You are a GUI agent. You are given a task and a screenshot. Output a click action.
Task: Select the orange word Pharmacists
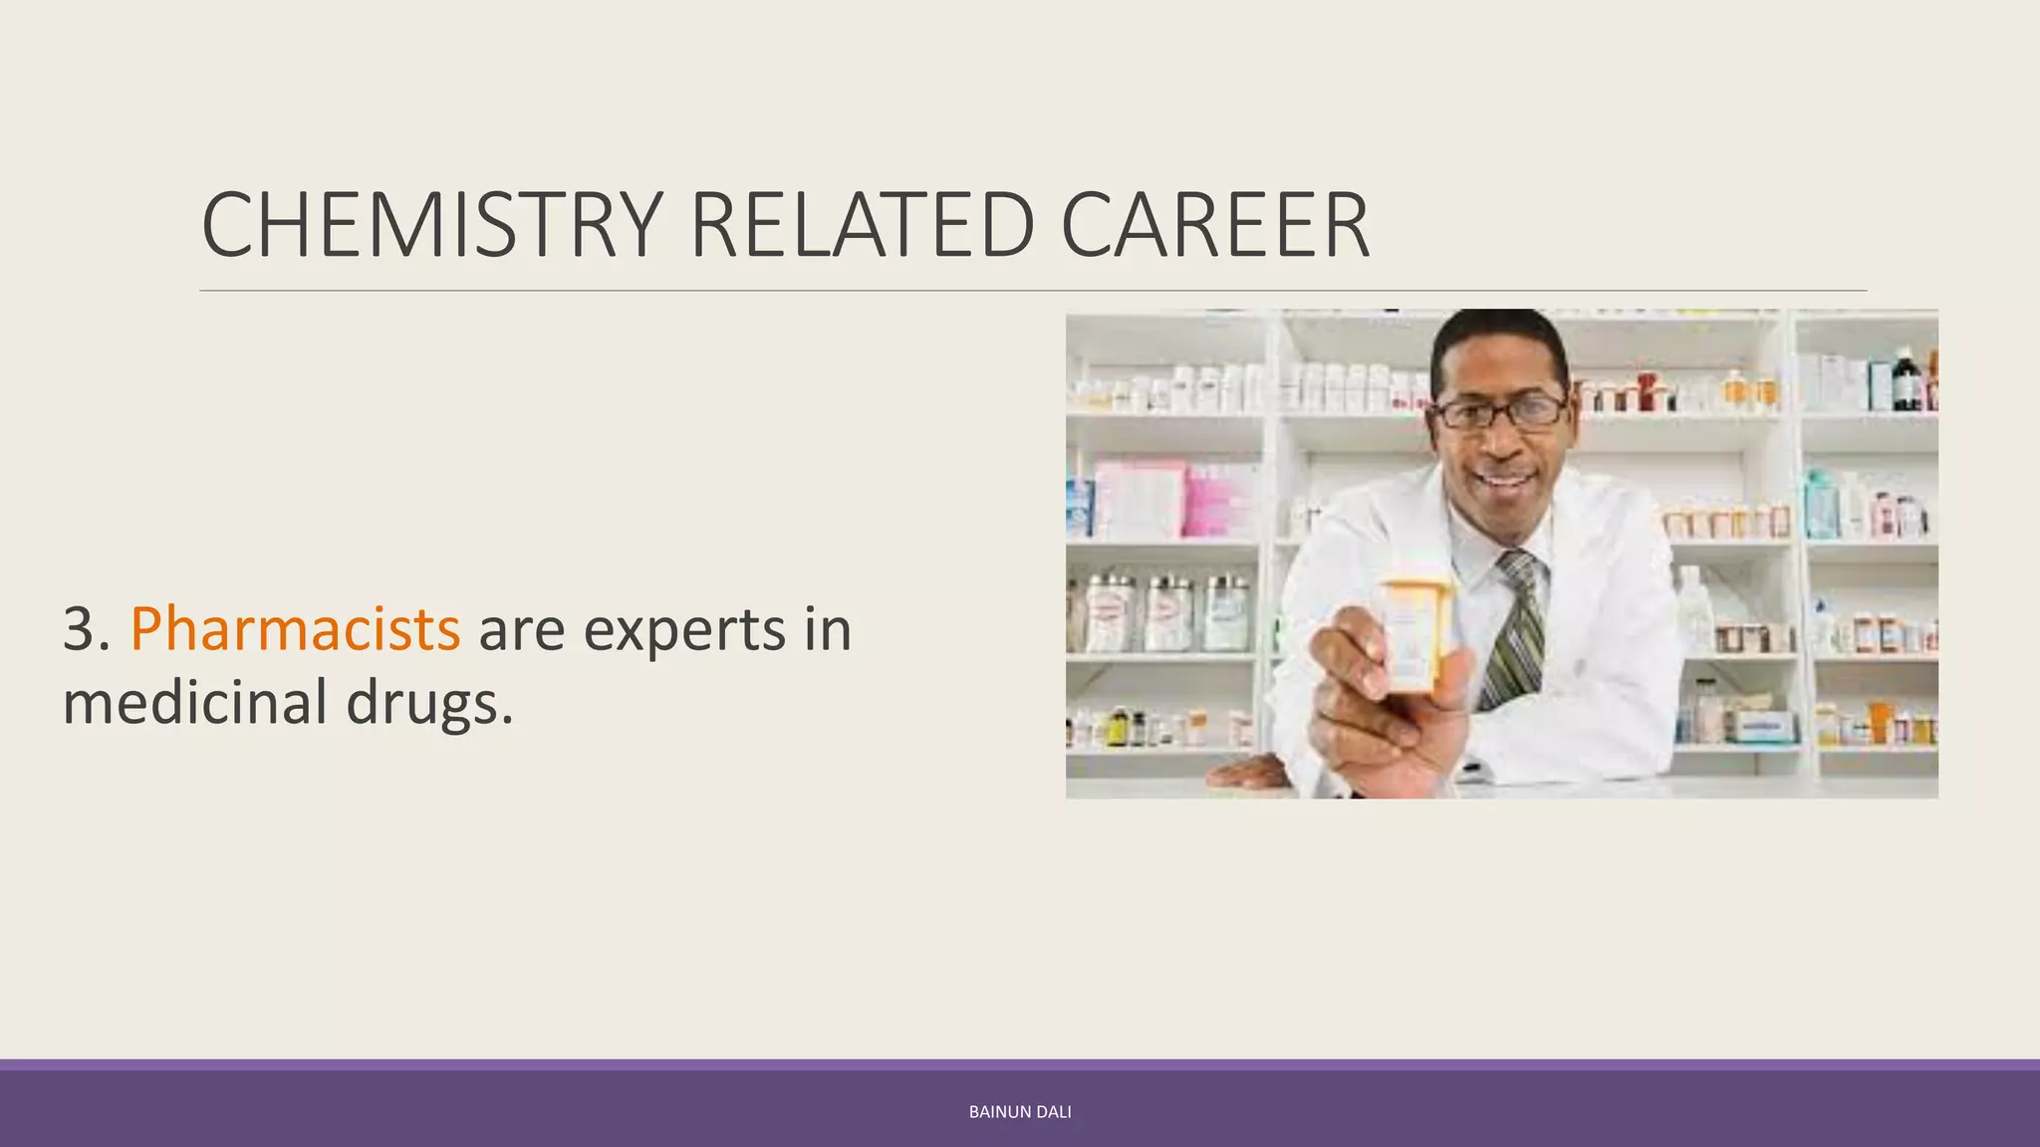pyautogui.click(x=295, y=629)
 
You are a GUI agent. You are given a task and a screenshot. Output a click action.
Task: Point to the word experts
pyautogui.click(x=685, y=629)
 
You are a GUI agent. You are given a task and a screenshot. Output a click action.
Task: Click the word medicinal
pyautogui.click(x=195, y=703)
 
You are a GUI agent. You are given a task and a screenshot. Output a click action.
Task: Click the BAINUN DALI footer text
pyautogui.click(x=1020, y=1112)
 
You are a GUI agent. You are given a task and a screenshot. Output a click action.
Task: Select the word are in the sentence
pyautogui.click(x=521, y=629)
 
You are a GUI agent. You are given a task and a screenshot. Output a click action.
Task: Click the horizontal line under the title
pyautogui.click(x=1032, y=291)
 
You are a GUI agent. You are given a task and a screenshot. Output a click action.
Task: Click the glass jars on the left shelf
pyautogui.click(x=1165, y=612)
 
